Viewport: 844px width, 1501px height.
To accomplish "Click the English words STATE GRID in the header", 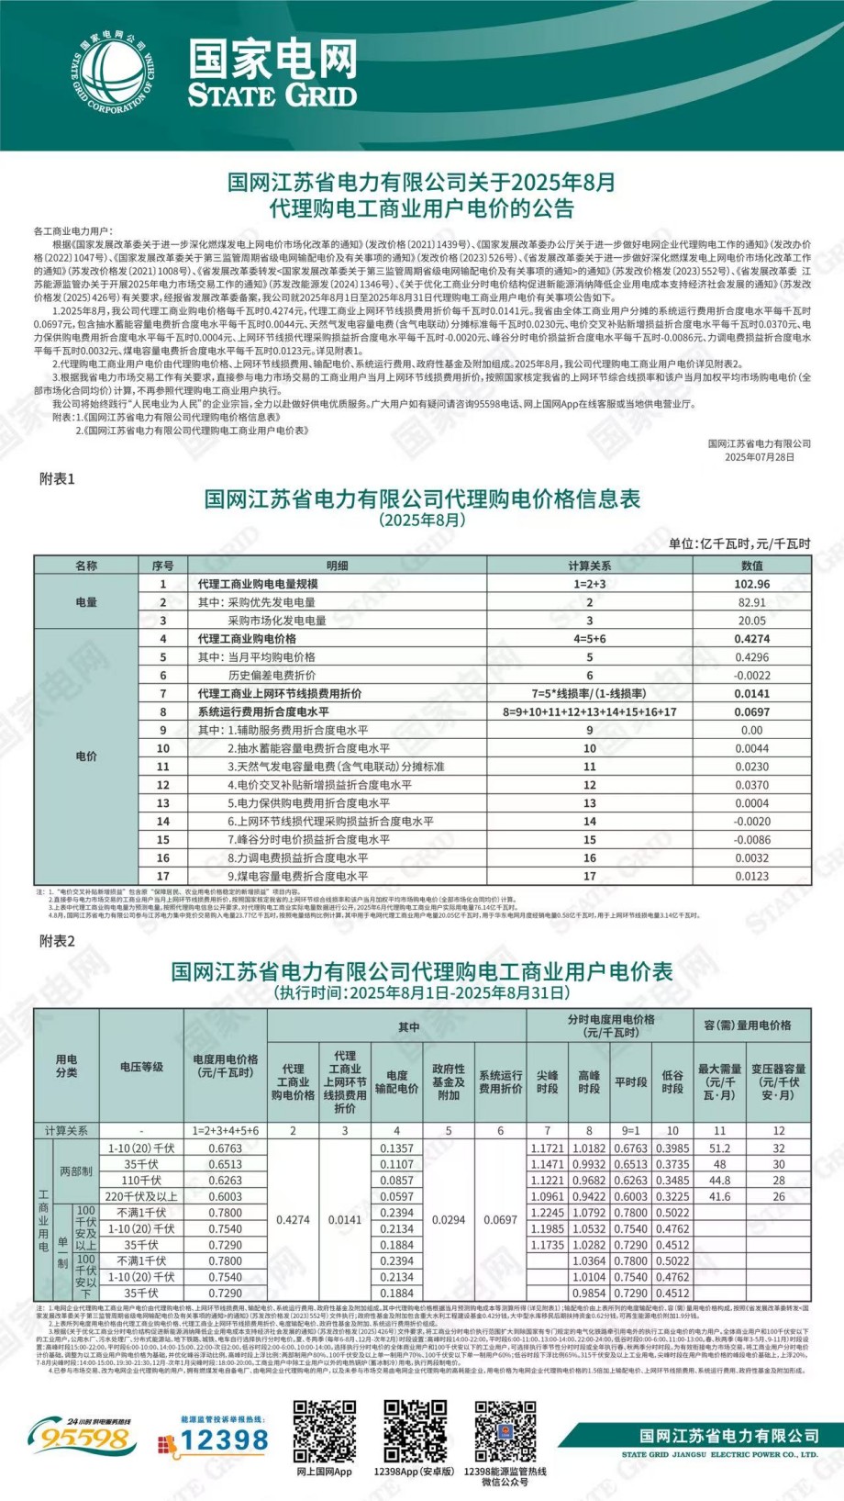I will point(272,95).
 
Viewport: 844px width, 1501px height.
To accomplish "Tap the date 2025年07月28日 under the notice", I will point(760,456).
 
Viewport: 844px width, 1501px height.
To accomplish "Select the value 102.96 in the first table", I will point(751,584).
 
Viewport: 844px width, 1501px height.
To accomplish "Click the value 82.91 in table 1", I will point(751,602).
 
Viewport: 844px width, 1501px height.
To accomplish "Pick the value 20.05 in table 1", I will point(751,621).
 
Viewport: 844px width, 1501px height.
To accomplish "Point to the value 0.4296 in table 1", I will point(751,657).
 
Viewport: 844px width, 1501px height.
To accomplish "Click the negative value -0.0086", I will point(751,840).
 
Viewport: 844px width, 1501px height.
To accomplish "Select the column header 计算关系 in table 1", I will point(589,566).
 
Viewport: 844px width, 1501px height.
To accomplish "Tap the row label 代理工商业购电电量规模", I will point(258,584).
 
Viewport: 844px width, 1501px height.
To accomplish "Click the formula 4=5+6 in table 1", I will point(589,639).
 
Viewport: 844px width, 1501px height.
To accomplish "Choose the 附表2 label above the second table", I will point(57,941).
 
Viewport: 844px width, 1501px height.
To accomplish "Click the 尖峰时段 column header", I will point(548,1081).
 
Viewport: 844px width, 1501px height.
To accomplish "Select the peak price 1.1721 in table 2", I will point(548,1148).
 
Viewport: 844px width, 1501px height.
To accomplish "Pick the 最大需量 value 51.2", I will point(720,1148).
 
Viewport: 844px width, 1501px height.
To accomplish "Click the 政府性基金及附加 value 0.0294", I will point(449,1220).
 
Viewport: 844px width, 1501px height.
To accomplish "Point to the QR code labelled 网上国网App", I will point(324,1432).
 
